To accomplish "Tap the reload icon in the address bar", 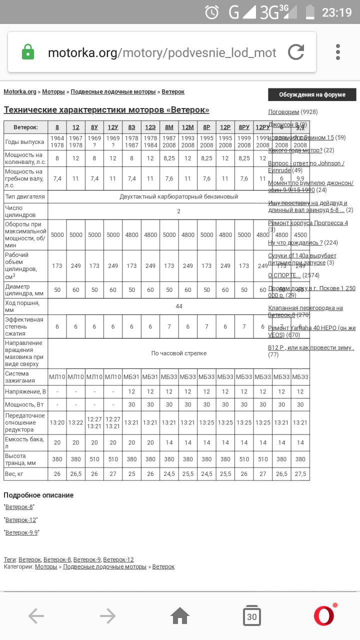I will point(296,52).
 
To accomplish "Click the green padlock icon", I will point(28,52).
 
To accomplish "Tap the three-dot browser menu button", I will point(338,52).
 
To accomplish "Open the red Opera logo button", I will point(324,615).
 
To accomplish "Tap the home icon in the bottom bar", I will point(180,616).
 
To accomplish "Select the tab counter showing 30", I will point(251,616).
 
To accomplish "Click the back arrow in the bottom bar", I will point(36,616).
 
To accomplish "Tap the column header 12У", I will point(113,127).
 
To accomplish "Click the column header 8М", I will point(169,127).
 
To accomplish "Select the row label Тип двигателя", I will point(25,196).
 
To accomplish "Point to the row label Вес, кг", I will point(14,474).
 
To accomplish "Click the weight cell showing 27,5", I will point(300,474).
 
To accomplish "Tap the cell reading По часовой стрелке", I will point(178,353).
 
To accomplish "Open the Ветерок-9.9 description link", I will point(21,532).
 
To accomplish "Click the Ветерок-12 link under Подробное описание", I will point(21,520).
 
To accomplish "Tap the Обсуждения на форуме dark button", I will point(312,94).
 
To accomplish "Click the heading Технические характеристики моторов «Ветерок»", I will point(106,110).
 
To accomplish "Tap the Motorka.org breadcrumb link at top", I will point(20,92).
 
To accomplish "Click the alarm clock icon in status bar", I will point(212,12).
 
